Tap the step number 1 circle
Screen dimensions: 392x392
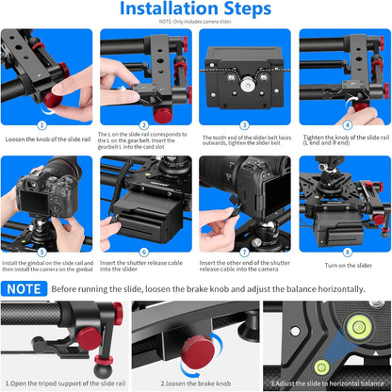[41, 123]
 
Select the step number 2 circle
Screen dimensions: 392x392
[143, 123]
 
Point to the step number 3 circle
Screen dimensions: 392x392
[245, 123]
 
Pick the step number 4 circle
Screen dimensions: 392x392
[346, 123]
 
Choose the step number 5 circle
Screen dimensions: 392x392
[41, 252]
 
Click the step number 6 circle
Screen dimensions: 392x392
[143, 252]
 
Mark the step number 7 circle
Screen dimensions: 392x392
[245, 252]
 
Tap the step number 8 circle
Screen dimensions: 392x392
[346, 252]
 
